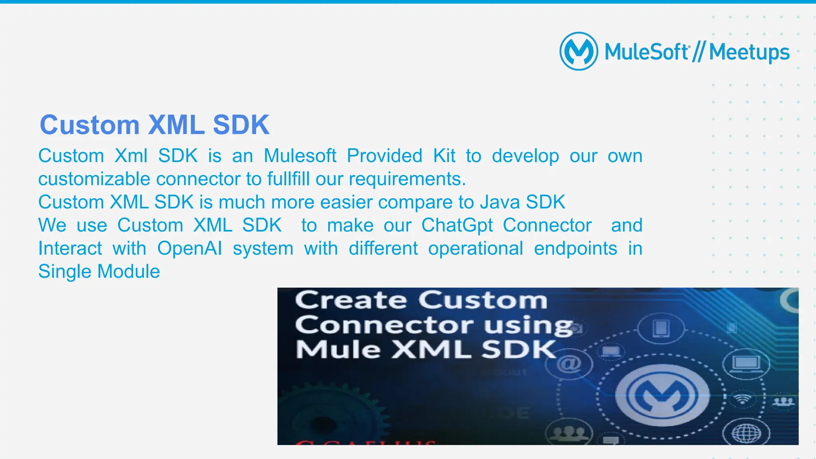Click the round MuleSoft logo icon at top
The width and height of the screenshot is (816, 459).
click(579, 51)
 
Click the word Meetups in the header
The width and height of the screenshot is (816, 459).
click(749, 53)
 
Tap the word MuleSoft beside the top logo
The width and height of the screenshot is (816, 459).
click(646, 52)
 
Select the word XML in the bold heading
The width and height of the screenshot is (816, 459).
click(176, 125)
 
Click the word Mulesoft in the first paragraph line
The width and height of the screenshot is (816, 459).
click(300, 156)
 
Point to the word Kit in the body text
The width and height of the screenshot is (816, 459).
click(444, 156)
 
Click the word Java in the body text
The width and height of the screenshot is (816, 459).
click(500, 202)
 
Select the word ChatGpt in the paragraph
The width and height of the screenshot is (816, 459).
click(457, 225)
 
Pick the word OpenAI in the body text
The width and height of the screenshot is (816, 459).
click(190, 248)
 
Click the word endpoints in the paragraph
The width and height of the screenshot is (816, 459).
click(575, 248)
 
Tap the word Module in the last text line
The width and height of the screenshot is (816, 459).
click(128, 271)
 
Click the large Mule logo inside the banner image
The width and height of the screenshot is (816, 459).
click(662, 395)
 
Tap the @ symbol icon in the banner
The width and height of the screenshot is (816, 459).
click(569, 364)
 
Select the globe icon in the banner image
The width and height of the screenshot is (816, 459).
click(747, 433)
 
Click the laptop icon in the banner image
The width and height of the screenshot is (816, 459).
click(747, 363)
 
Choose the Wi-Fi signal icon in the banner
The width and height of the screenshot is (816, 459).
click(743, 399)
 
